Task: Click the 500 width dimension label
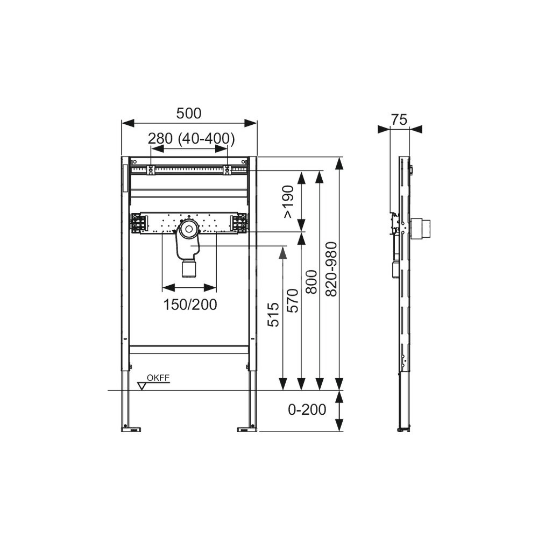click(189, 113)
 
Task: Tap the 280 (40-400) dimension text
click(192, 138)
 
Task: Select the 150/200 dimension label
click(190, 305)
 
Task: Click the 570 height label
click(293, 301)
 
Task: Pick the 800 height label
click(312, 282)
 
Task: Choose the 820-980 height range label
click(331, 269)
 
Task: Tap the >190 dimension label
click(288, 201)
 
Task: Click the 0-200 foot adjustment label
click(307, 409)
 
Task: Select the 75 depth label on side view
click(399, 120)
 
